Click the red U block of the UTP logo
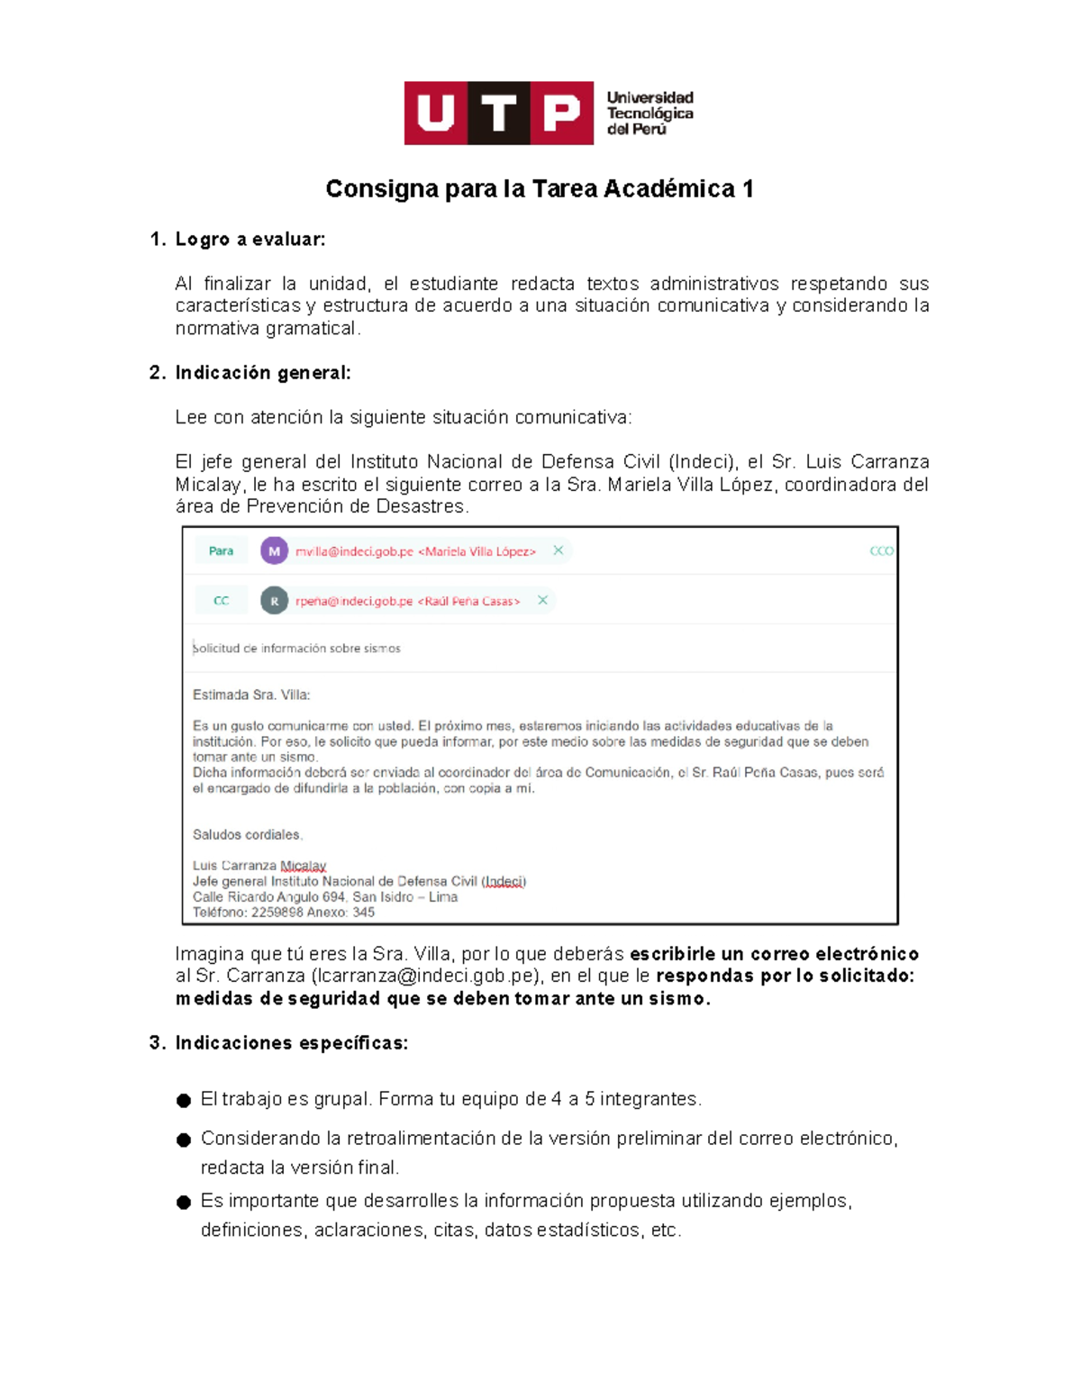[x=436, y=114]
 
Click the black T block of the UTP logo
[x=498, y=114]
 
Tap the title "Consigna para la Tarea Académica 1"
[x=540, y=189]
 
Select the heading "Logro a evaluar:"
[x=250, y=240]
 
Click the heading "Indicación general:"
[x=263, y=373]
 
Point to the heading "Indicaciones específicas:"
[x=292, y=1043]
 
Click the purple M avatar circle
[x=274, y=551]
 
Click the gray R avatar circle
[x=274, y=601]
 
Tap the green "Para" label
[x=221, y=551]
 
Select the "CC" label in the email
[x=221, y=601]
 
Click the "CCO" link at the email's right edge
[x=881, y=551]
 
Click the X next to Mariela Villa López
[x=559, y=550]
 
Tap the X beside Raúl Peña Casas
[x=542, y=600]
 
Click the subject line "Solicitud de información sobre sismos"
[x=297, y=649]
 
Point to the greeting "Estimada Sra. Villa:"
[x=251, y=695]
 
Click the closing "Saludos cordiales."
[x=248, y=835]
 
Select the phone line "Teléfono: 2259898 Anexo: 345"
[x=284, y=913]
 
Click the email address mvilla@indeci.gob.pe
[x=354, y=551]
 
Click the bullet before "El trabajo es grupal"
[x=184, y=1101]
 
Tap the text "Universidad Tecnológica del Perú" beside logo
[x=650, y=114]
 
